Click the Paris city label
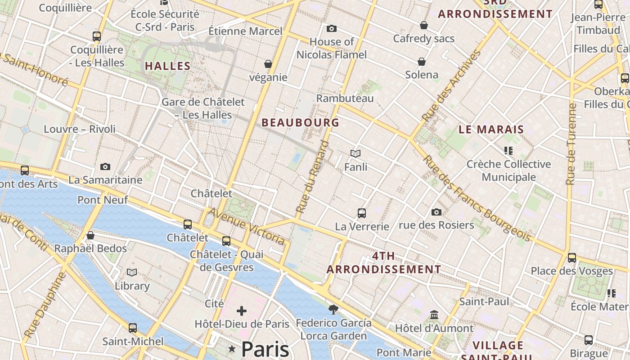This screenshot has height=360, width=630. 265,349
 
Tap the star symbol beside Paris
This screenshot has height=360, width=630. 232,349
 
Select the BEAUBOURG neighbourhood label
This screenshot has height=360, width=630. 300,122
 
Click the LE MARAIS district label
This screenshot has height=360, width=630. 491,130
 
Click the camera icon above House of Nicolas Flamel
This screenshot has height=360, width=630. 332,29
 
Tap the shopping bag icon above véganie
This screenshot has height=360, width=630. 268,64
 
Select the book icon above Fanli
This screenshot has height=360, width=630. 355,154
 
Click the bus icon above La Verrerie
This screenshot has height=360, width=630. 361,213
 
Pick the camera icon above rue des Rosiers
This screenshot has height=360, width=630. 436,212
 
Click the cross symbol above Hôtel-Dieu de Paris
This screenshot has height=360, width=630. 242,310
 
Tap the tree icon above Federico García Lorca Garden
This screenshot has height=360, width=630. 333,309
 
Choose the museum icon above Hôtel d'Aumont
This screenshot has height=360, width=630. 434,315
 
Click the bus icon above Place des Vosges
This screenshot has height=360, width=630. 571,258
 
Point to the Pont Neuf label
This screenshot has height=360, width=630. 103,200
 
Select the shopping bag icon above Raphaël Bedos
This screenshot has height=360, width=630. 90,235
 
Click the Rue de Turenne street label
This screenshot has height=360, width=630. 571,144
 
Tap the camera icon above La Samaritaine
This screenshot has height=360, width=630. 105,167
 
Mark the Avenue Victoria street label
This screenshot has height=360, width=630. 247,226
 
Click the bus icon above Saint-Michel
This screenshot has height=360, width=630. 132,328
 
